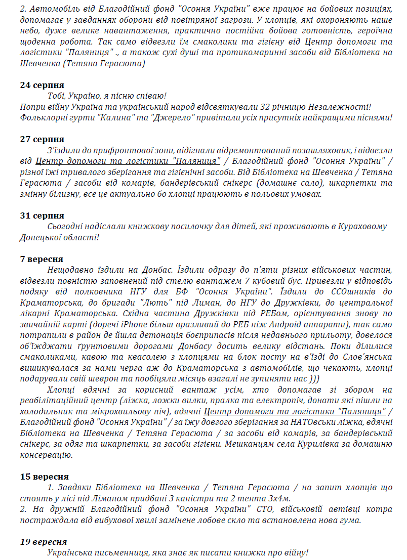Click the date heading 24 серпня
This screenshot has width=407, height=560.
click(x=42, y=84)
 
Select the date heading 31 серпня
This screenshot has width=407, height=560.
click(x=42, y=216)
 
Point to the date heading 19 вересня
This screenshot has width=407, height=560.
click(x=44, y=542)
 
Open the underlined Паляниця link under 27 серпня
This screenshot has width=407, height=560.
click(x=128, y=161)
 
